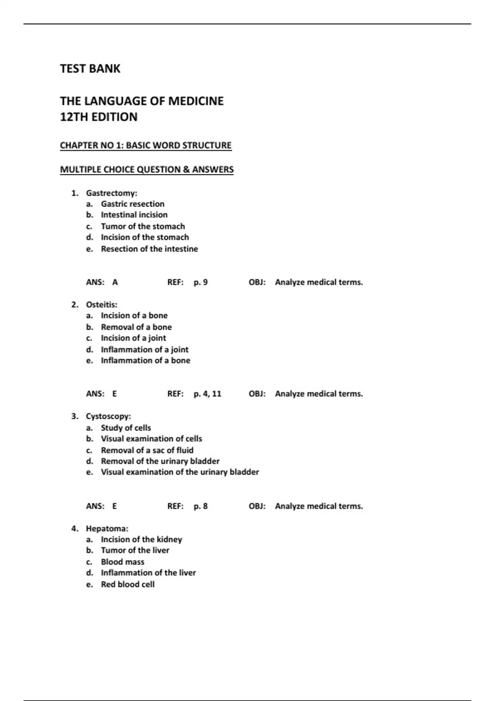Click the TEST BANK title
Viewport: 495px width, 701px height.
coord(90,68)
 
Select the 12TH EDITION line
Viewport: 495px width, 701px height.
coord(99,117)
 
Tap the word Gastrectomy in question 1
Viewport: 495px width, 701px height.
coord(111,193)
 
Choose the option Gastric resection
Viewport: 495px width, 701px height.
coord(132,204)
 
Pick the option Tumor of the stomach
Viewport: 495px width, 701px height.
coord(143,226)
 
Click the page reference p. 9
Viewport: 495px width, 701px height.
coord(200,282)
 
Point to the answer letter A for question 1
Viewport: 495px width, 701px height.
coord(115,282)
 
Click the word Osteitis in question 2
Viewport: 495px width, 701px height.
coord(101,305)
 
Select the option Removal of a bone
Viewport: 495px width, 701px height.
coord(136,327)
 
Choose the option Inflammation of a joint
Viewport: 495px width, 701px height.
coord(144,350)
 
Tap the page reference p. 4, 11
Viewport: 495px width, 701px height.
coord(207,394)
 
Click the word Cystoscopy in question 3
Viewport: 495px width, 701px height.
coord(108,416)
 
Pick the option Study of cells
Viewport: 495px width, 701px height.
coord(126,428)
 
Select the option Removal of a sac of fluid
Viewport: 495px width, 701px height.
coord(147,450)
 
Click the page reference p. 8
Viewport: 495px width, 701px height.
coord(200,506)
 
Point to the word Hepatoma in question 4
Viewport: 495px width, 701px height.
coord(107,529)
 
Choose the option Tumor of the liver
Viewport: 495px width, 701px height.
coord(135,550)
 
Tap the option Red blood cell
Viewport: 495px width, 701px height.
coord(127,584)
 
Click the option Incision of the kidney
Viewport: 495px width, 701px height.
coord(141,539)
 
